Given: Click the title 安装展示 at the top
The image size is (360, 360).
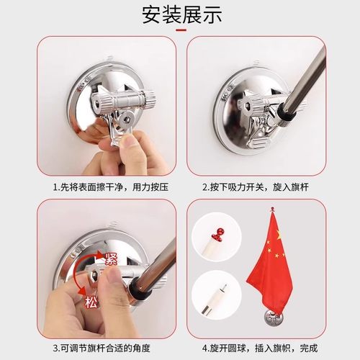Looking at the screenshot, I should click(x=180, y=14).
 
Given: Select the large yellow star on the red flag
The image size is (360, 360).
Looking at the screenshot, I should click(x=278, y=235).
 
